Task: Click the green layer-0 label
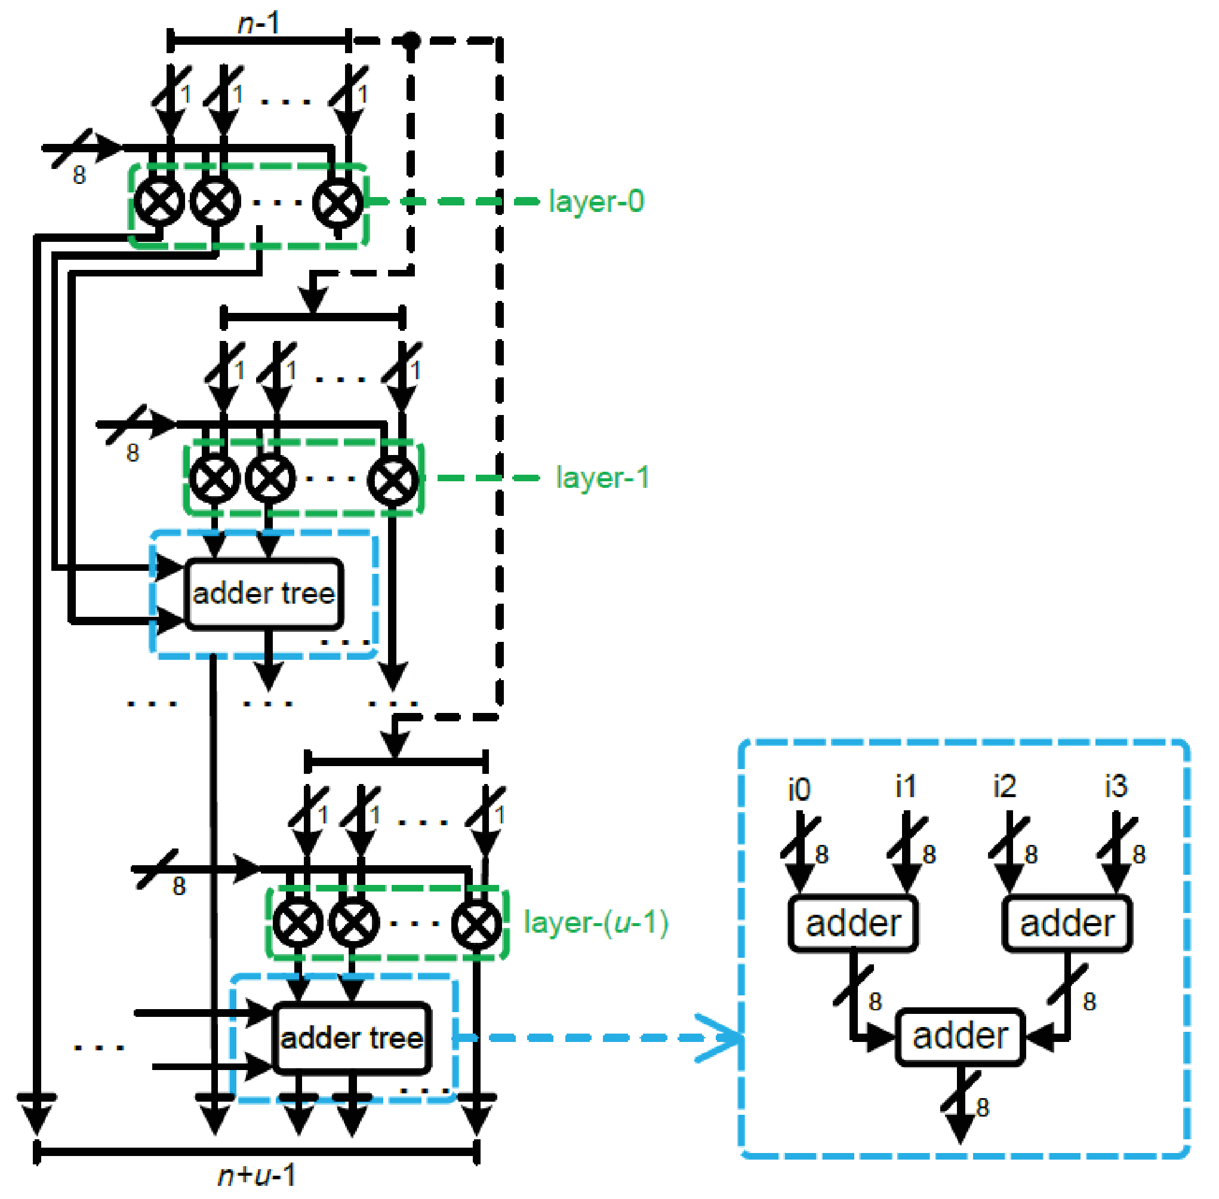[596, 201]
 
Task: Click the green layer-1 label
[602, 477]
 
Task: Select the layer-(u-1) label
[596, 923]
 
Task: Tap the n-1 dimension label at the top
[258, 24]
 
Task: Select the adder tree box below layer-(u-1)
[352, 1038]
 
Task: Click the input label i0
[799, 789]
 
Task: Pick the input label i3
[1116, 786]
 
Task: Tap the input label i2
[1004, 786]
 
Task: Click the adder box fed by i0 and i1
[852, 924]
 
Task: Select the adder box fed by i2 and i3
[1067, 924]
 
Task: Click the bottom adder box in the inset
[959, 1037]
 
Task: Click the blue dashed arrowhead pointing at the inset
[724, 1038]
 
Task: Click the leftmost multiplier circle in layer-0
[159, 201]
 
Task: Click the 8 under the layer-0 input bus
[79, 175]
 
